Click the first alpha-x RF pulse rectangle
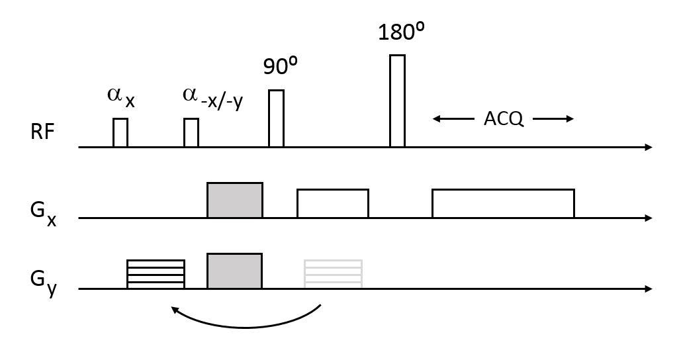pyautogui.click(x=120, y=132)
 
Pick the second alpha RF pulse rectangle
pyautogui.click(x=191, y=132)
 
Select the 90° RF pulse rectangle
pyautogui.click(x=276, y=118)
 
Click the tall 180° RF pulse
pyautogui.click(x=397, y=101)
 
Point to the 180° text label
pyautogui.click(x=400, y=32)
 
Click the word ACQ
pyautogui.click(x=503, y=119)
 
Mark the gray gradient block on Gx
pyautogui.click(x=235, y=200)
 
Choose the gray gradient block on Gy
pyautogui.click(x=235, y=271)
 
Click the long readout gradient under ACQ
pyautogui.click(x=503, y=203)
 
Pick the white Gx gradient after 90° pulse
pyautogui.click(x=333, y=203)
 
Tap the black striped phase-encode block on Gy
pyautogui.click(x=156, y=274)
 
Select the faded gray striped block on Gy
pyautogui.click(x=333, y=274)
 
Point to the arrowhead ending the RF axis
pyautogui.click(x=649, y=147)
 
